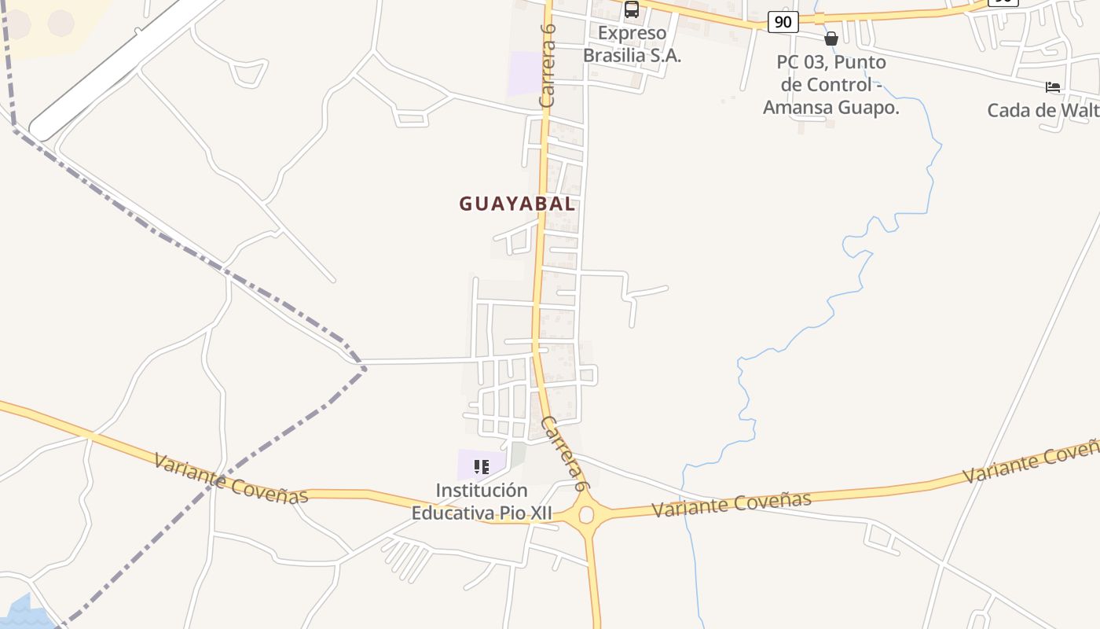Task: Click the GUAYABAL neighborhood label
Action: click(x=517, y=204)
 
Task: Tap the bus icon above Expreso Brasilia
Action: click(x=632, y=9)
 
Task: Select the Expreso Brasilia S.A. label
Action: click(x=632, y=45)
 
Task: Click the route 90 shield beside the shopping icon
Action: click(x=783, y=22)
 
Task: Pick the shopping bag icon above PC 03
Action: click(x=831, y=39)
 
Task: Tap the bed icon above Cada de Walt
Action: click(x=1053, y=87)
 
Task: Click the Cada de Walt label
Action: click(x=1043, y=110)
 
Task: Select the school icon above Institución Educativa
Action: click(x=482, y=467)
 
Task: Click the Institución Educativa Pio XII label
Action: click(x=482, y=502)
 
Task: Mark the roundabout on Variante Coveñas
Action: click(x=586, y=515)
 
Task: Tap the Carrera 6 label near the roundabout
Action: click(x=564, y=454)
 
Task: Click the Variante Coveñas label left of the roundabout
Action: click(x=231, y=478)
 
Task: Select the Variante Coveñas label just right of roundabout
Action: click(x=732, y=504)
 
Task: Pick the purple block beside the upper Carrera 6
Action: click(x=525, y=73)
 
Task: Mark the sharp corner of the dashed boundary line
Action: click(x=364, y=367)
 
